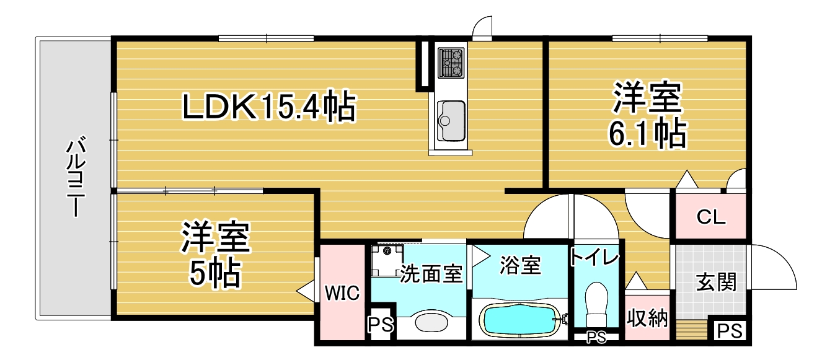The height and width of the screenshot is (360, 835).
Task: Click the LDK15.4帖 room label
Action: (269, 106)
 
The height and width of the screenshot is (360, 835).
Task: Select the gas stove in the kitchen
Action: (451, 63)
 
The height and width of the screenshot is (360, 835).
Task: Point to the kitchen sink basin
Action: (451, 121)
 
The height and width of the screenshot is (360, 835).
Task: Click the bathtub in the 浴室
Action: (520, 320)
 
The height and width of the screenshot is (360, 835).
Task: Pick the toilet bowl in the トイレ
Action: (596, 304)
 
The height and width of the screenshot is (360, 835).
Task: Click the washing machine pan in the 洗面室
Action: (387, 260)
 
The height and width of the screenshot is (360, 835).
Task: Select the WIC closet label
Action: (342, 293)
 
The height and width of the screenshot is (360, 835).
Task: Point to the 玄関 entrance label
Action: (716, 282)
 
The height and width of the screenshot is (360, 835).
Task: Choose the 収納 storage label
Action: (647, 318)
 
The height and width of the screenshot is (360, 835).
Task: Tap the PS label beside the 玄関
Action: (730, 331)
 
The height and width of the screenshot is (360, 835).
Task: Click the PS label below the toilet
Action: (596, 337)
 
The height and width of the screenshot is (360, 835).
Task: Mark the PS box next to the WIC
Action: (381, 324)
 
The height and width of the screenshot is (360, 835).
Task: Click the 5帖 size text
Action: (215, 273)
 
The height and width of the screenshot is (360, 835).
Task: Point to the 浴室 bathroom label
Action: (520, 265)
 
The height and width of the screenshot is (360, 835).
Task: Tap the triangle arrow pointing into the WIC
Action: (306, 291)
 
